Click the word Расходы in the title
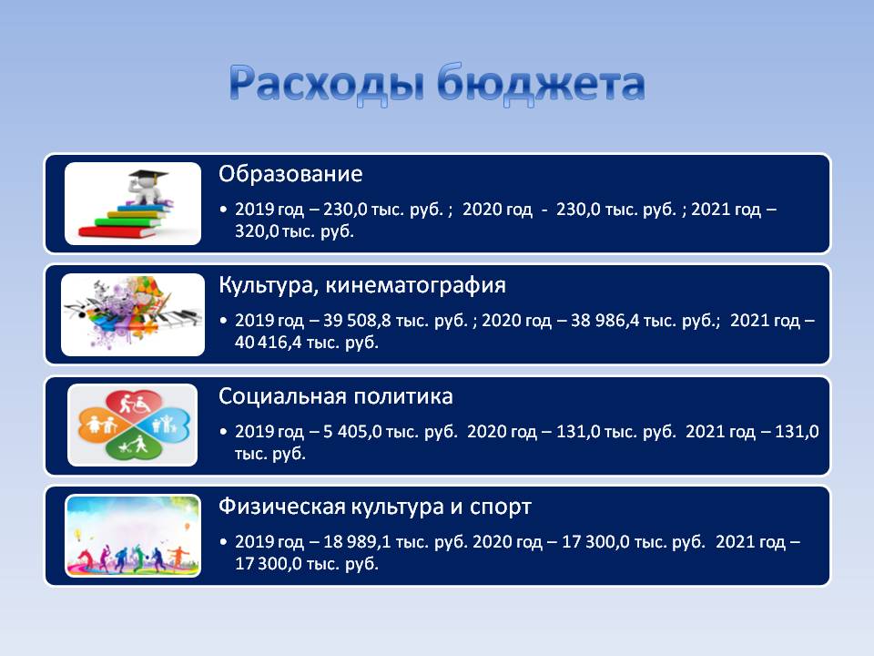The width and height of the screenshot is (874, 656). [327, 84]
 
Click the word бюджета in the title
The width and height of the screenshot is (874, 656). [541, 84]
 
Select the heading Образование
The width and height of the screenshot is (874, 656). [290, 174]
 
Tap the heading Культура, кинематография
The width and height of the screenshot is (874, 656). [362, 285]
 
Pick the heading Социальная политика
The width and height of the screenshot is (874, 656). [336, 396]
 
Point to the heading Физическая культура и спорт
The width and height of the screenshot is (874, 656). [374, 507]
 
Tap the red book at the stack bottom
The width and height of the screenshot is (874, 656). [118, 231]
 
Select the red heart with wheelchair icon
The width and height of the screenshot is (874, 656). [133, 402]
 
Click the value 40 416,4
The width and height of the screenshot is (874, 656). [268, 342]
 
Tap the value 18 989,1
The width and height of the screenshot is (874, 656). [357, 541]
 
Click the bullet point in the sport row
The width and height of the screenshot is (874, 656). [224, 542]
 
